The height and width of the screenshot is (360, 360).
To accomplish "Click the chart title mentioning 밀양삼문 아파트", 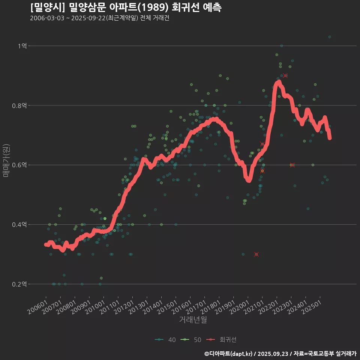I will [x=126, y=7].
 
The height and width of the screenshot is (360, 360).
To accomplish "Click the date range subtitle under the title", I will [x=99, y=18].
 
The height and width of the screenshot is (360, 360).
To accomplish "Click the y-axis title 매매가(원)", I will [x=6, y=160].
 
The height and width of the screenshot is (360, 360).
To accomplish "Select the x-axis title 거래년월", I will [x=193, y=319].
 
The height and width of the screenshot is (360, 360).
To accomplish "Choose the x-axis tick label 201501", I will [x=168, y=305].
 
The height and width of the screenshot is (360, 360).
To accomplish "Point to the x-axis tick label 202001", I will [x=241, y=305].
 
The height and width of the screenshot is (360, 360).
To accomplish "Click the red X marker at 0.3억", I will [x=256, y=254].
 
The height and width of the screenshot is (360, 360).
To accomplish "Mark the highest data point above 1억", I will [x=330, y=37].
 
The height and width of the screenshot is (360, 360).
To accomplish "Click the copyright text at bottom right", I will [x=280, y=354].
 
